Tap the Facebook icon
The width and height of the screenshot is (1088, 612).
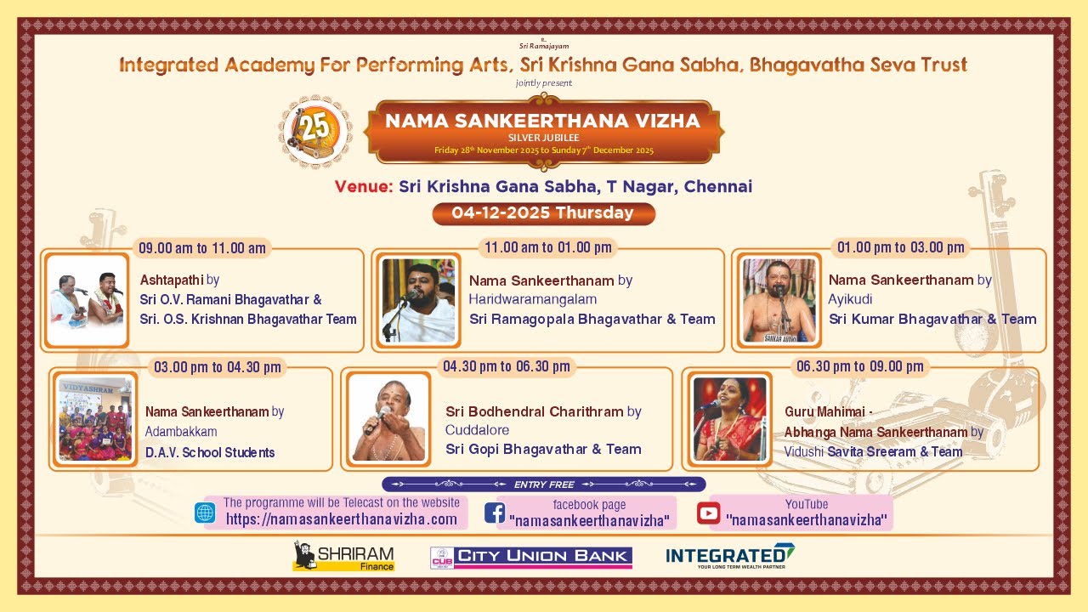[495, 513]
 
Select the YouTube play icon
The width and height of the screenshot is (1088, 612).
[708, 513]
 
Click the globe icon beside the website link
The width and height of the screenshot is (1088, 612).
[205, 513]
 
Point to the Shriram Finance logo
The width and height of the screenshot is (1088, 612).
[343, 556]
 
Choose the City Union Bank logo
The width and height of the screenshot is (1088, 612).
[531, 557]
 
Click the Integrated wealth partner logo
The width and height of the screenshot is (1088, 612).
[730, 556]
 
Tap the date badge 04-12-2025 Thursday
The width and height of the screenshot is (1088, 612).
[543, 213]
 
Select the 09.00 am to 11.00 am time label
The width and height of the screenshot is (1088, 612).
[202, 248]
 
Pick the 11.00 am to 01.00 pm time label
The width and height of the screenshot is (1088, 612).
[548, 247]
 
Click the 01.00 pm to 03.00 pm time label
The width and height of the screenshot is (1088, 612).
[901, 247]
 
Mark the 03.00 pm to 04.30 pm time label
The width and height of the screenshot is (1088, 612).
[217, 367]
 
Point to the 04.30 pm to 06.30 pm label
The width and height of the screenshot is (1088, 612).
[506, 366]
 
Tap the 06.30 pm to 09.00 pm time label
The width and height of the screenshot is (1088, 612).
[859, 366]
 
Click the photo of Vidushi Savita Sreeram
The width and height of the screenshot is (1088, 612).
[730, 419]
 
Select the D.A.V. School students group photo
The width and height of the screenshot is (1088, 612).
[94, 419]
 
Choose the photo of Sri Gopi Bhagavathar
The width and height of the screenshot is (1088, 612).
[388, 419]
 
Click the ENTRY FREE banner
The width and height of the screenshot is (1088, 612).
[544, 484]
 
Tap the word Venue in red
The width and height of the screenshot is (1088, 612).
[364, 187]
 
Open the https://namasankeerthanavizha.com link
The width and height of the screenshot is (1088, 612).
[342, 519]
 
